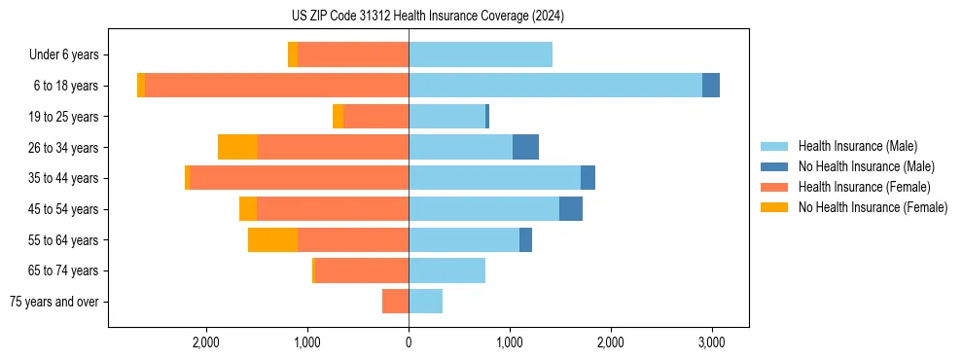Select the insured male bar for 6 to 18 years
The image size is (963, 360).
(x=554, y=86)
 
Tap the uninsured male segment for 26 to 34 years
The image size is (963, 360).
(x=525, y=147)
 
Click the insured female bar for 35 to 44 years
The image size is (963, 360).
(x=299, y=178)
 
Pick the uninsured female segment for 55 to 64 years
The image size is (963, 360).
(x=272, y=239)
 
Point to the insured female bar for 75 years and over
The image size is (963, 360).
(x=395, y=302)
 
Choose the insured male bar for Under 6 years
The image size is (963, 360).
(x=481, y=54)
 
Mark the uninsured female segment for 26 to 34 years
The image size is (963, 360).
(x=237, y=147)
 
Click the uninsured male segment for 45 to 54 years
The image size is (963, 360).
(x=570, y=209)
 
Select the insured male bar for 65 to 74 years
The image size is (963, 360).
(x=446, y=270)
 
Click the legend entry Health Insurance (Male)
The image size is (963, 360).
(x=857, y=146)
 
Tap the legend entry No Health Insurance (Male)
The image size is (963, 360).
(x=866, y=166)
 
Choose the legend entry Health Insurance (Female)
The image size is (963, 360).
(x=864, y=187)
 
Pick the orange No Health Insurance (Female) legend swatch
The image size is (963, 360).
(x=774, y=207)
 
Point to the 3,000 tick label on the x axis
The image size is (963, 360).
(x=711, y=342)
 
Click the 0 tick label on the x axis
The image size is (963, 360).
(x=409, y=342)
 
